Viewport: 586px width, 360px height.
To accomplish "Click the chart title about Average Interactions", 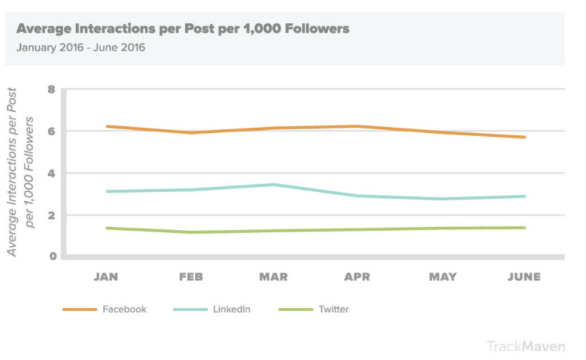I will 182,29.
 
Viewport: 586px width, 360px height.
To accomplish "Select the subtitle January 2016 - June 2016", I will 81,48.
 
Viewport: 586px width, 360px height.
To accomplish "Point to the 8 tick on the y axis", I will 51,89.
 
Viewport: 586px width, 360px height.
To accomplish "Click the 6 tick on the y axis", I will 51,130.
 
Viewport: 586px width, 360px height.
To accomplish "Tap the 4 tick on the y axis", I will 51,173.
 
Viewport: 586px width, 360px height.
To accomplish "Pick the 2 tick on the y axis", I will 51,214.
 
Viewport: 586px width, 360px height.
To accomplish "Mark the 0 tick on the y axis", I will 51,256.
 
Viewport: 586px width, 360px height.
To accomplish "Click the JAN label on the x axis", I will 106,277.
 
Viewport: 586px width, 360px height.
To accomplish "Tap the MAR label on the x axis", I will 273,277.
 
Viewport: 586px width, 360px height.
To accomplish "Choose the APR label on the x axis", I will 357,277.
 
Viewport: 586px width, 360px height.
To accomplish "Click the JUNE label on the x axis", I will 524,277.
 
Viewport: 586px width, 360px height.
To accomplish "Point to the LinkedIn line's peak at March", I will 273,184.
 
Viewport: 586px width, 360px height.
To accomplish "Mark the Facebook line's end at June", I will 525,137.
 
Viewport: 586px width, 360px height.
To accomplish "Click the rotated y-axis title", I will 20,172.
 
